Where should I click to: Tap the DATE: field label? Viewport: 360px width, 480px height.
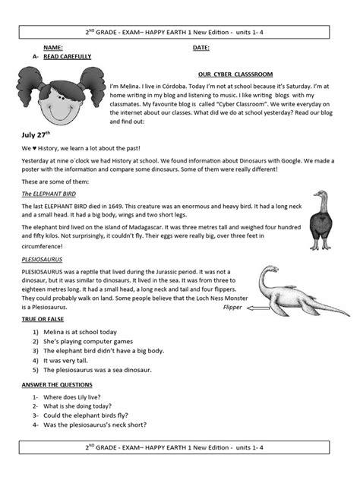[201, 47]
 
